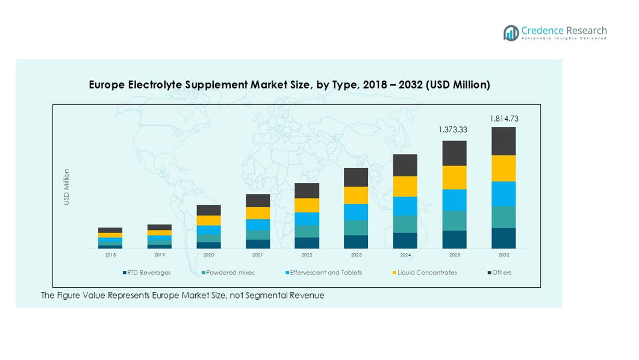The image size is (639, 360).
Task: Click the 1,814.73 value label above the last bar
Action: click(x=503, y=119)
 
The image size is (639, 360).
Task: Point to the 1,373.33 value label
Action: click(x=453, y=129)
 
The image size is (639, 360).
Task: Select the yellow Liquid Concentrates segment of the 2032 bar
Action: click(x=503, y=169)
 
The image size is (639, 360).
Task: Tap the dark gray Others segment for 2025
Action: click(x=455, y=153)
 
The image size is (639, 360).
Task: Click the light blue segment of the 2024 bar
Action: click(x=405, y=206)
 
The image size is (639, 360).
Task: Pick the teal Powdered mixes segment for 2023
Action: click(x=356, y=228)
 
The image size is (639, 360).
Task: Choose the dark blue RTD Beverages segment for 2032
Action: click(x=503, y=238)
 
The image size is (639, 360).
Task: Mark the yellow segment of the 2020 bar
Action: click(x=209, y=220)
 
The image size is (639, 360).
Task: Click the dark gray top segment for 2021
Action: click(x=258, y=200)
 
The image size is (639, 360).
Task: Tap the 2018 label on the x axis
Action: click(x=110, y=255)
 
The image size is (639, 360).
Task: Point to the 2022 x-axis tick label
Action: click(x=307, y=255)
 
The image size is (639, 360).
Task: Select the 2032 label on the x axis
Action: click(x=503, y=255)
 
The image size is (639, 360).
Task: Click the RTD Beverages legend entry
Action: click(x=147, y=273)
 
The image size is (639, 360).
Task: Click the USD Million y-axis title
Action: click(x=67, y=187)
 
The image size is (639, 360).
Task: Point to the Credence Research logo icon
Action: click(x=511, y=33)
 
